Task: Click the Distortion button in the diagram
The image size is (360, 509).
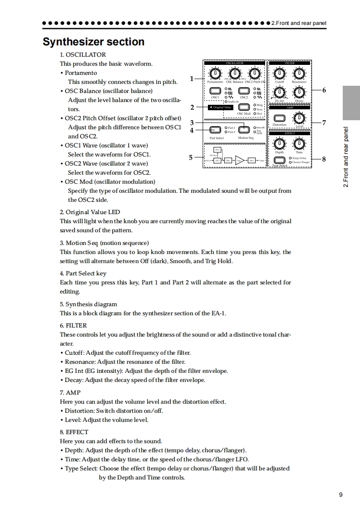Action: coord(280,119)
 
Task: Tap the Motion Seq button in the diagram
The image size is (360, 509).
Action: coord(245,130)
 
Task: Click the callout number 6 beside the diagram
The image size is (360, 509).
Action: coord(324,90)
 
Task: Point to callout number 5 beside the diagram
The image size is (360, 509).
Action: coord(191,157)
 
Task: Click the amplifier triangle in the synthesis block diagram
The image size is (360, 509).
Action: coord(239,160)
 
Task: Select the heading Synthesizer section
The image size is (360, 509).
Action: coord(94,42)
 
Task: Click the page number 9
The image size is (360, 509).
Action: coord(340,494)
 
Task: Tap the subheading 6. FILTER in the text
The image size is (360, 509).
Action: coord(73,325)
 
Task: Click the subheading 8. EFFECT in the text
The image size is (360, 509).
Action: coord(74,432)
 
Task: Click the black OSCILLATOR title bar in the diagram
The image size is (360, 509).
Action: coord(234,63)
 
